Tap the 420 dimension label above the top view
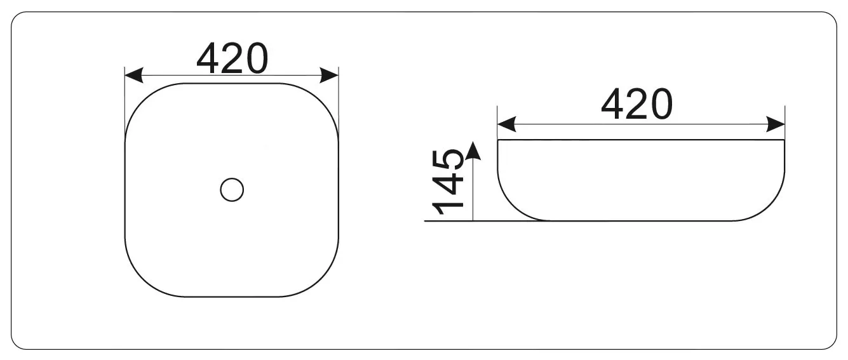(x=232, y=58)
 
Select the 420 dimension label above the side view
(x=636, y=103)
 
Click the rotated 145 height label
(x=448, y=182)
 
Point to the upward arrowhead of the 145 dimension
(x=473, y=150)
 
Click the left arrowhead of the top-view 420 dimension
(x=134, y=75)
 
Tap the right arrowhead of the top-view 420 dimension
(x=329, y=75)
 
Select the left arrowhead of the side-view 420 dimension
(x=506, y=124)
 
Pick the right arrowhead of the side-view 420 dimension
(x=776, y=124)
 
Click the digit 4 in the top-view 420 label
(x=208, y=58)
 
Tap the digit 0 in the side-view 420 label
(x=662, y=104)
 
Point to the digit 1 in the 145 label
(x=448, y=208)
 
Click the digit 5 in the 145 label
(x=448, y=159)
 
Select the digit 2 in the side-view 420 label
(x=638, y=103)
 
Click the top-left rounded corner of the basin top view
(x=141, y=99)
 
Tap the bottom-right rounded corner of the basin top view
(x=323, y=281)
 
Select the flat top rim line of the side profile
(x=641, y=140)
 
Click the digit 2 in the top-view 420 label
(x=233, y=58)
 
